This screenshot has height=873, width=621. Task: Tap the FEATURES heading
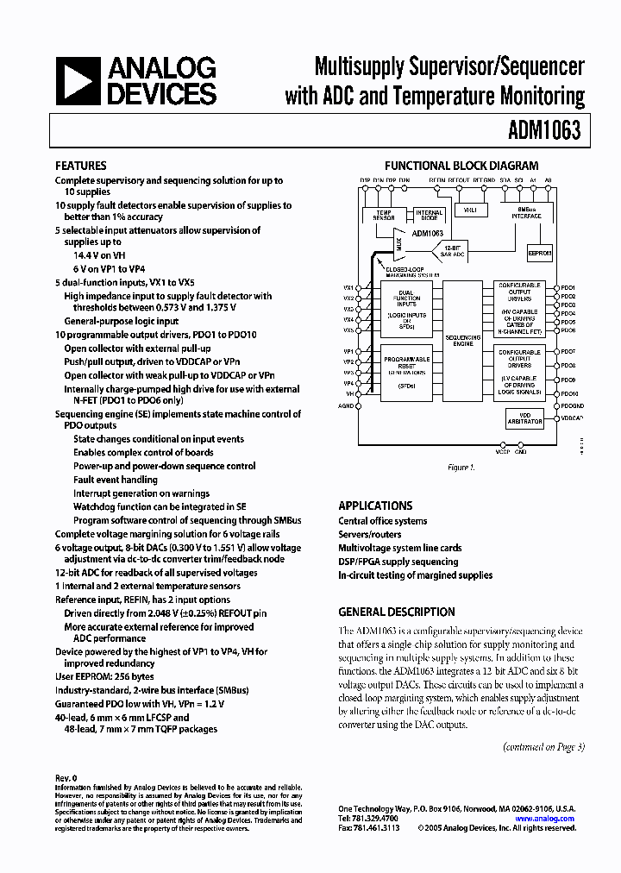pos(81,166)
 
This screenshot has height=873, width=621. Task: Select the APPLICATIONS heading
pos(375,506)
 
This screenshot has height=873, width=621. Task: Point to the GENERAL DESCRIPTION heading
pos(397,612)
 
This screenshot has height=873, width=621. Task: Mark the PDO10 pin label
pos(568,393)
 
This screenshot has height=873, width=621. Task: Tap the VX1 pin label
pos(348,287)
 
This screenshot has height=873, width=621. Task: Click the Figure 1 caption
pos(461,468)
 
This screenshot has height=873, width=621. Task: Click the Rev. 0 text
pos(66,778)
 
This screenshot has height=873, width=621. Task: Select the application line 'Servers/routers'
pos(369,535)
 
